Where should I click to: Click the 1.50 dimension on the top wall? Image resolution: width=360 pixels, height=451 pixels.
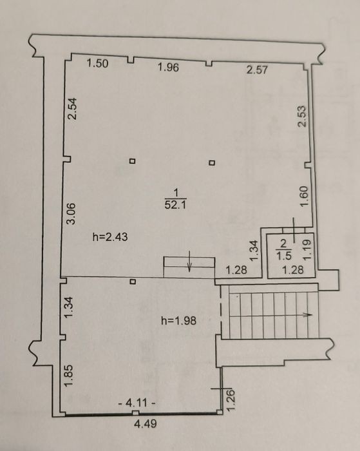click(x=97, y=63)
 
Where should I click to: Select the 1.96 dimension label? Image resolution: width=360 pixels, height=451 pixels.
click(x=169, y=67)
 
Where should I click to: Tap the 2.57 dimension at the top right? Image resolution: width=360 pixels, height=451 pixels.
click(x=257, y=70)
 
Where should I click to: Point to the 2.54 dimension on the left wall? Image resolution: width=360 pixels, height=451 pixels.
click(x=72, y=109)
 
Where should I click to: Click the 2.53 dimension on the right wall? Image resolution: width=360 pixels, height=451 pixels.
click(x=302, y=117)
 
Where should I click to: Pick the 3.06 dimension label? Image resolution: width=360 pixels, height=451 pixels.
click(x=71, y=213)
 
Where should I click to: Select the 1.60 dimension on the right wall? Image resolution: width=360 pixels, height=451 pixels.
click(x=304, y=196)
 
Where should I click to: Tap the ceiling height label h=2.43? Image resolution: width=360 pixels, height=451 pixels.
click(x=110, y=237)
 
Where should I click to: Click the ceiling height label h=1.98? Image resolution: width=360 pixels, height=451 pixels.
click(x=178, y=320)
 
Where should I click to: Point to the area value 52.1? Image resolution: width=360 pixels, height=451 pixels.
click(x=176, y=205)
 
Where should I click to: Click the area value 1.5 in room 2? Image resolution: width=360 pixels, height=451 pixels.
click(x=284, y=255)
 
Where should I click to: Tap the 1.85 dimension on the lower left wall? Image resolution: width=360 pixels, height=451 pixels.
click(x=69, y=376)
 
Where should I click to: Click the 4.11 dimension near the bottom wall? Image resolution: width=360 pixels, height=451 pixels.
click(x=137, y=403)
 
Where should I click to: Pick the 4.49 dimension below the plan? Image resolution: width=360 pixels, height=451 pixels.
click(x=146, y=424)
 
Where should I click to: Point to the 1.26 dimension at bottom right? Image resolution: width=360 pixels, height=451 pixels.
click(x=231, y=400)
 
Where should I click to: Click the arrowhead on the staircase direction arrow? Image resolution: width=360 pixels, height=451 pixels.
click(x=309, y=314)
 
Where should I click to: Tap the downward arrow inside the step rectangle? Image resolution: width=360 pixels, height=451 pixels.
click(x=189, y=261)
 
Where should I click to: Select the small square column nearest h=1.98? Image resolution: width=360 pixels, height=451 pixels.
click(x=133, y=282)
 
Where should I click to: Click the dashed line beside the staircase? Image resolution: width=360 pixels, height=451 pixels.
click(x=222, y=311)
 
